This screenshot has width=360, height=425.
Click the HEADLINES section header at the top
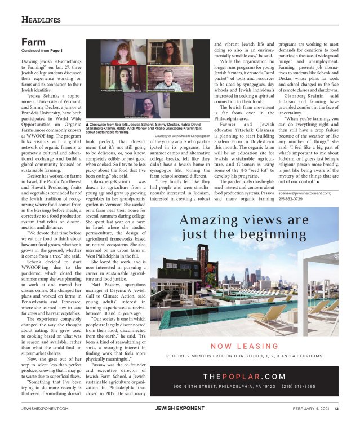click(x=41, y=21)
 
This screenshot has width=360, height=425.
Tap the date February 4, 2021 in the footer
click(x=312, y=409)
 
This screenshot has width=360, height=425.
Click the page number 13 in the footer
click(x=336, y=409)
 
